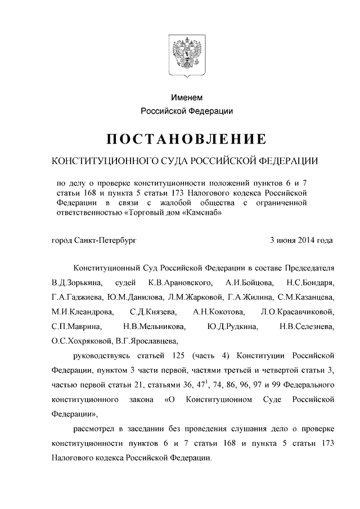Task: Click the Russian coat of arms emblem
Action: pyautogui.click(x=185, y=56)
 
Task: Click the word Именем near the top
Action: pyautogui.click(x=186, y=98)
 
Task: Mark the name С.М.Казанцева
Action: pyautogui.click(x=308, y=296)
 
